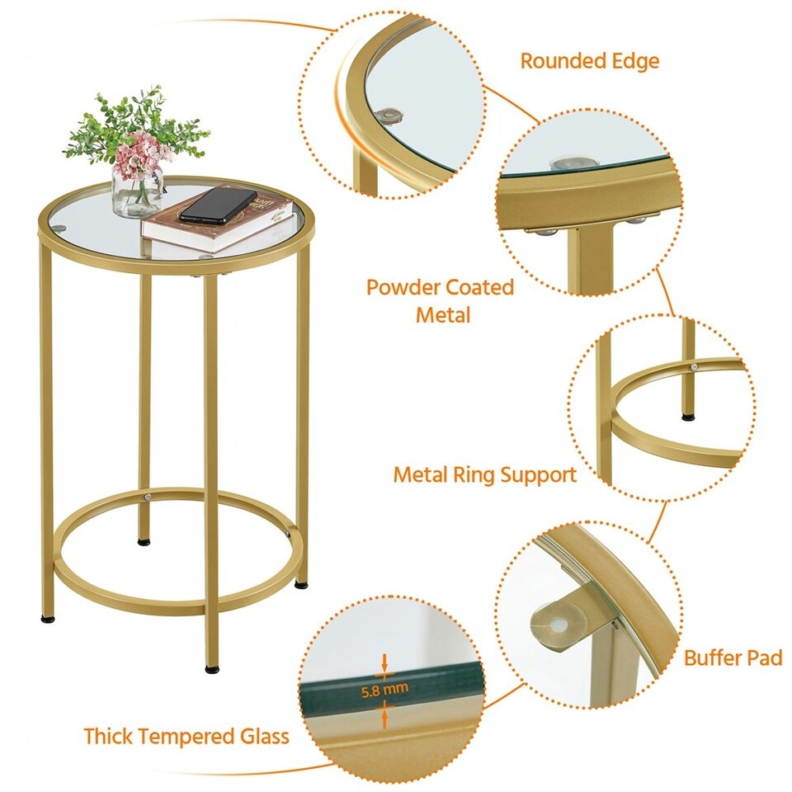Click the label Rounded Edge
(589, 61)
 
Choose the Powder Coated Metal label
(440, 300)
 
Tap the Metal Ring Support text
(484, 475)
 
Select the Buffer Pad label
(733, 658)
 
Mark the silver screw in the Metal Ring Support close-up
(694, 365)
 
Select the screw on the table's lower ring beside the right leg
(288, 535)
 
